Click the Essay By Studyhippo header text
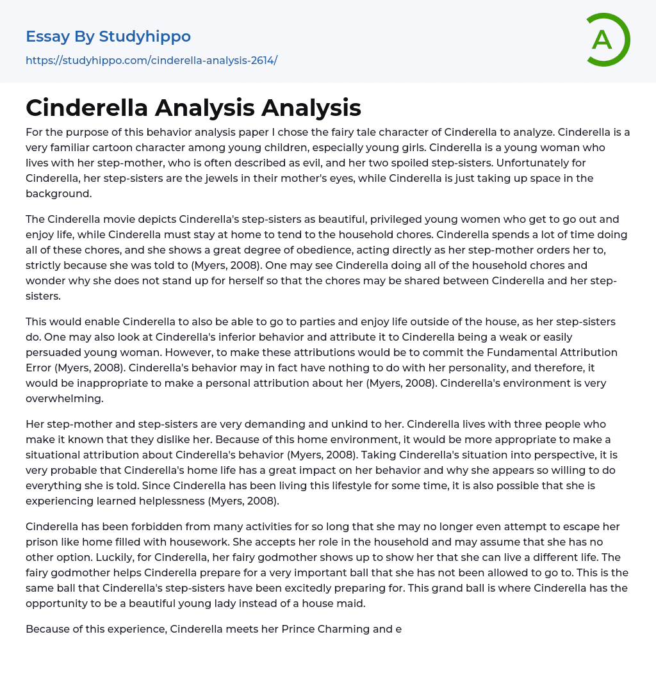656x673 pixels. pos(108,36)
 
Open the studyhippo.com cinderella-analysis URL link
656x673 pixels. pos(151,60)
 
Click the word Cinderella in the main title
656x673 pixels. pos(85,108)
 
